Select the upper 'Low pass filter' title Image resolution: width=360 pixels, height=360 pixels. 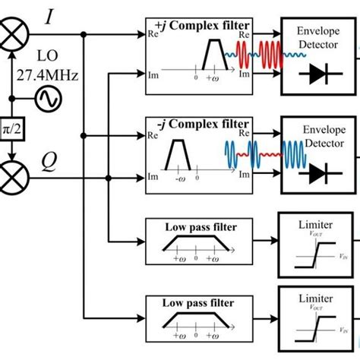[x=200, y=227]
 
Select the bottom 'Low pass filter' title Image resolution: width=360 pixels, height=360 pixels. [x=200, y=302]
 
